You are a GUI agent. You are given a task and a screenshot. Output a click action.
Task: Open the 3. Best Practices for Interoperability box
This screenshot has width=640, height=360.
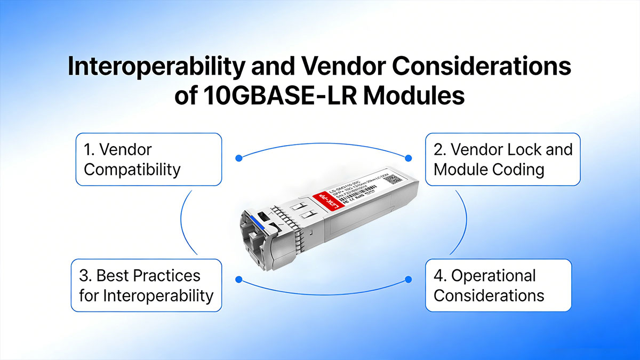[146, 285]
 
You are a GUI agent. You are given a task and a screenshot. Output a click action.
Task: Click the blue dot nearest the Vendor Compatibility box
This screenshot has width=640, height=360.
[238, 158]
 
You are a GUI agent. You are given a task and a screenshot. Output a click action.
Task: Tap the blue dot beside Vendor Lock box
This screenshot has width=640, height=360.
[409, 158]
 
